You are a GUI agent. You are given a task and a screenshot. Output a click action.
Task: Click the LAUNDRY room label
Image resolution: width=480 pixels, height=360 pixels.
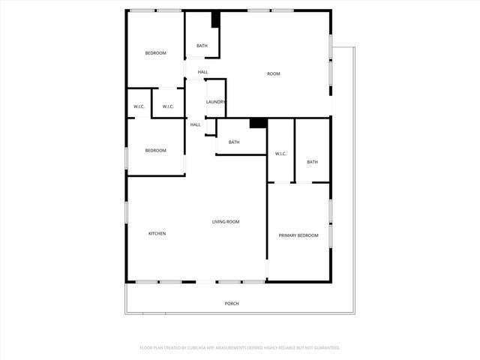[x=216, y=102]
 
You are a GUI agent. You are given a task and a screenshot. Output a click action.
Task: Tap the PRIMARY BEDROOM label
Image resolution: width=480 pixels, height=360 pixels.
[x=298, y=235]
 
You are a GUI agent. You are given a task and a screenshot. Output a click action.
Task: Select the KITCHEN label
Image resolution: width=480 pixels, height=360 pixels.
[x=157, y=233]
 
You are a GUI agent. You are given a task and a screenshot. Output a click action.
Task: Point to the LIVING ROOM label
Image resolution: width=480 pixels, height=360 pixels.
[x=226, y=221]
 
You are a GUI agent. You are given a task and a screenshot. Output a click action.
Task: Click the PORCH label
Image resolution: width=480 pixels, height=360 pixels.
[x=232, y=303]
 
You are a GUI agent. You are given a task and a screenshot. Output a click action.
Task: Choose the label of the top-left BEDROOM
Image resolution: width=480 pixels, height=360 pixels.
[x=155, y=52]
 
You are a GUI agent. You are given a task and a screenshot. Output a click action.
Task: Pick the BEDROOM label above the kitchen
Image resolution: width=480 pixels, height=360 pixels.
[x=155, y=151]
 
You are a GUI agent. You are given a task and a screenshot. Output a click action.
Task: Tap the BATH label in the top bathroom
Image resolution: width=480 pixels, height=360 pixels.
[x=202, y=46]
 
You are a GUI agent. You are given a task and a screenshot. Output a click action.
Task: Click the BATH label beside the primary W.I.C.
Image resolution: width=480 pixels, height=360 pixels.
[x=312, y=162]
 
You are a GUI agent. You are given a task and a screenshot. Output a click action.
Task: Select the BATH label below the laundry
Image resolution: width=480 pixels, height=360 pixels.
[x=234, y=142]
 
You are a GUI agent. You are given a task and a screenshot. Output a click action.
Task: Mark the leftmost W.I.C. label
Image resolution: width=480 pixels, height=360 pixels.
[x=139, y=106]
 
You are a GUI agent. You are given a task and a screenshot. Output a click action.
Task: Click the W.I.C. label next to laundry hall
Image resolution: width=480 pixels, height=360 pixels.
[x=168, y=106]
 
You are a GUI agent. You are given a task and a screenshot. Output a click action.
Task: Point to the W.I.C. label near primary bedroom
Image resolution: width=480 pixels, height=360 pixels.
[x=280, y=154]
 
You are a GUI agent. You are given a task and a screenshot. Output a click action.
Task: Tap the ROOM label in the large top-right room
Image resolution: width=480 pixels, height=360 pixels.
[x=274, y=73]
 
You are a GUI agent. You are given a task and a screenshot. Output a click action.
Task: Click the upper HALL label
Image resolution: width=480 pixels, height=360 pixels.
[x=202, y=72]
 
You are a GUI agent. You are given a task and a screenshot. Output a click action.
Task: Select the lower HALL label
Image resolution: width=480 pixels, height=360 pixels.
[x=195, y=124]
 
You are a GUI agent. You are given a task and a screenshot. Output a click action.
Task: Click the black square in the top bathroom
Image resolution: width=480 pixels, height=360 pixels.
[x=215, y=20]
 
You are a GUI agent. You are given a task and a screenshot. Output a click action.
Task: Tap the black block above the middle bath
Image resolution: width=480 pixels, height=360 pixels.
[x=258, y=123]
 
